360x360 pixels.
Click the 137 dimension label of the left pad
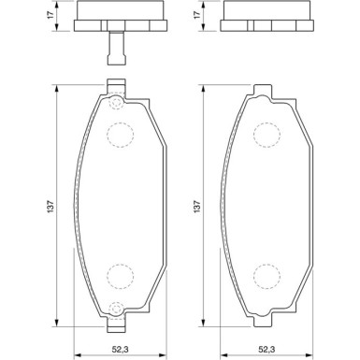tap(51, 206)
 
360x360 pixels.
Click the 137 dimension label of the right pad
tap(197, 206)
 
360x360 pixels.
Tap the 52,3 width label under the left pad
tap(121, 350)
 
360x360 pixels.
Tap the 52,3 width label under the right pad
tap(266, 350)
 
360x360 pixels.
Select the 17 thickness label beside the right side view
tap(197, 15)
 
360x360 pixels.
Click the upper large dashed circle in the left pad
tap(121, 135)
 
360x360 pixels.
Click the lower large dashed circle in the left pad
tap(121, 277)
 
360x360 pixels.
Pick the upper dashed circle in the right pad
tap(266, 135)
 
